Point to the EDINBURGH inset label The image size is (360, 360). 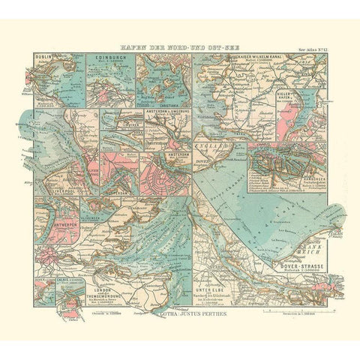pyautogui.click(x=105, y=57)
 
